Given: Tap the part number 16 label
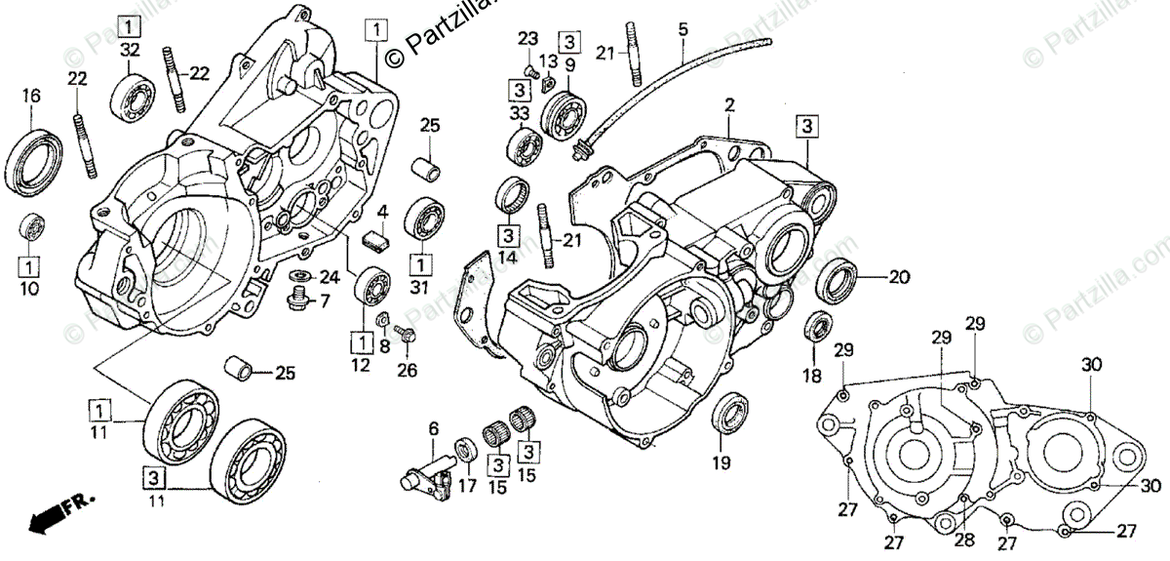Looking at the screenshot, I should pyautogui.click(x=32, y=96).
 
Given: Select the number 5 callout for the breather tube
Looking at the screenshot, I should pyautogui.click(x=682, y=30).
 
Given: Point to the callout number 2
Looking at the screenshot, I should pyautogui.click(x=728, y=104).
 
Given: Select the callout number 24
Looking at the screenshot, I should pyautogui.click(x=330, y=276).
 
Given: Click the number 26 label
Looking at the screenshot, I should pyautogui.click(x=406, y=370).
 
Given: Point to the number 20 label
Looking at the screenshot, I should pyautogui.click(x=898, y=277).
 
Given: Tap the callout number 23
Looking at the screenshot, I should pyautogui.click(x=527, y=38).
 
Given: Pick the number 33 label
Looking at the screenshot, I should pyautogui.click(x=519, y=113).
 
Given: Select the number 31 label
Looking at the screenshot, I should pyautogui.click(x=420, y=287).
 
